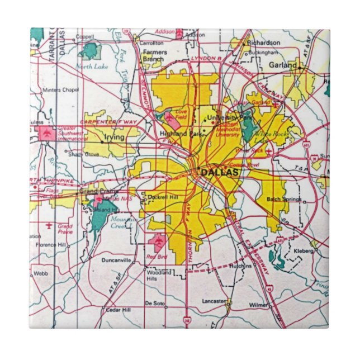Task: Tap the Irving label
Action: (x=115, y=136)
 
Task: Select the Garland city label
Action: (x=282, y=65)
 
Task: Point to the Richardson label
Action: (x=264, y=42)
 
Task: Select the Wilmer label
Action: (x=259, y=305)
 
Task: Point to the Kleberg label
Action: (x=304, y=252)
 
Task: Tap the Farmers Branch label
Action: (x=154, y=55)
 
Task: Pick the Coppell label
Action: (x=85, y=37)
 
